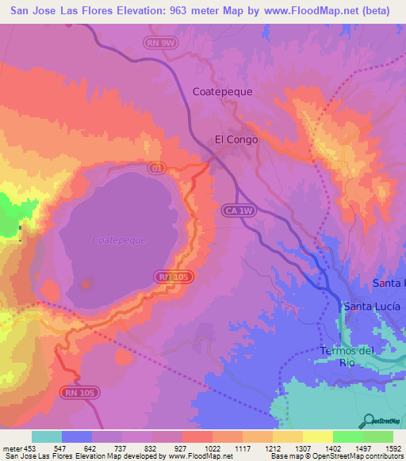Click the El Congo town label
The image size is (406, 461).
(x=236, y=139)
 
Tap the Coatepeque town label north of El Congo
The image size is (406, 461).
(x=222, y=91)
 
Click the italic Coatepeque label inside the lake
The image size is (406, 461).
(x=119, y=239)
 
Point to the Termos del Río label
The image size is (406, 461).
(x=347, y=356)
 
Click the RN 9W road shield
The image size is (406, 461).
(x=159, y=44)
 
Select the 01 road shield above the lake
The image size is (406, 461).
(x=156, y=168)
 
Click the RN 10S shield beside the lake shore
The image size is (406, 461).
(x=174, y=276)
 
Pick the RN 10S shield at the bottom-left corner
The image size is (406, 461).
(x=78, y=393)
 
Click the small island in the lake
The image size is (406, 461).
(x=85, y=282)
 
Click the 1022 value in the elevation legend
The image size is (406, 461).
(x=212, y=448)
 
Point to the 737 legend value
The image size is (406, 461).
(x=121, y=448)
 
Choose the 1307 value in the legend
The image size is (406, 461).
(x=301, y=448)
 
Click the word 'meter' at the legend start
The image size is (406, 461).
(x=12, y=448)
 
